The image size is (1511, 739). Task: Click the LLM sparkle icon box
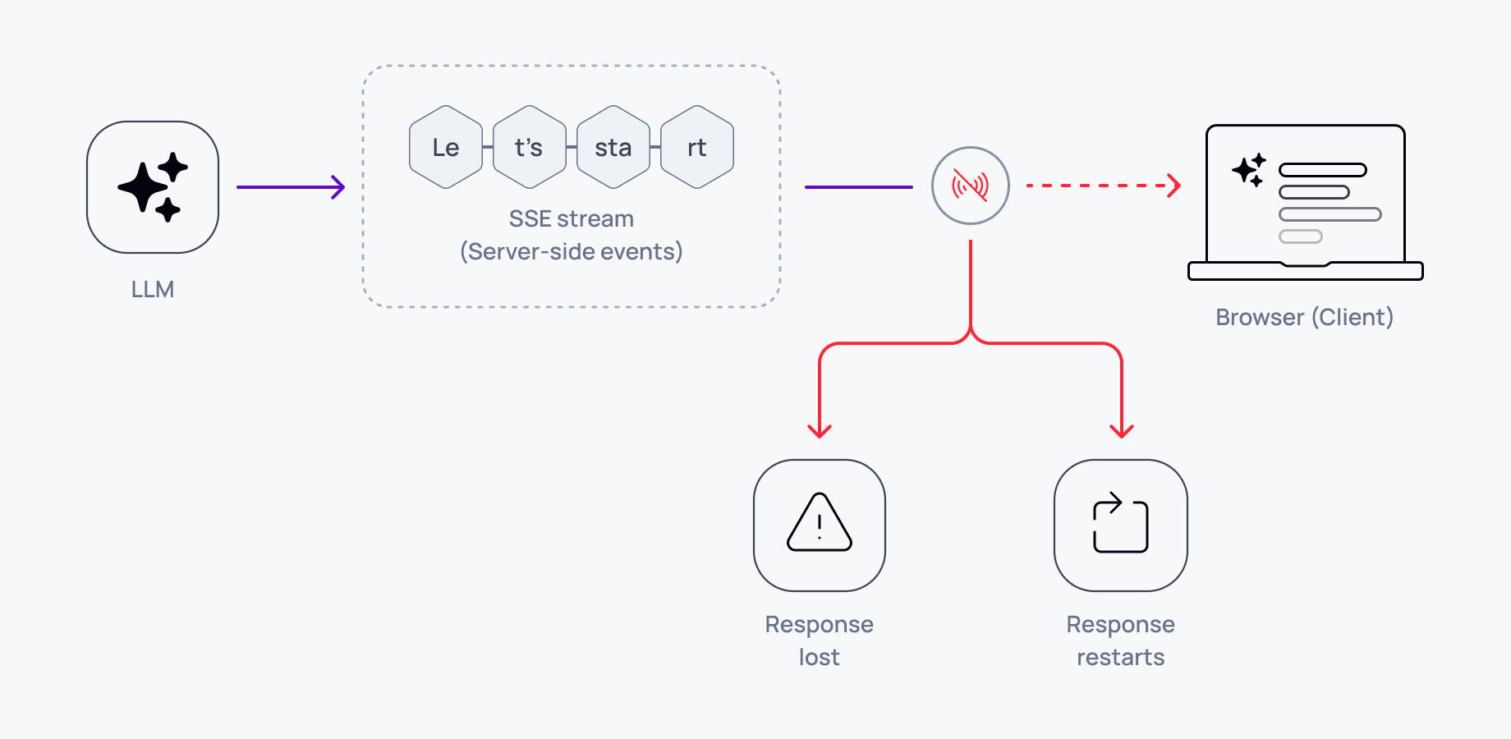[x=153, y=187]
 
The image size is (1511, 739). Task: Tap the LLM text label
[x=153, y=290]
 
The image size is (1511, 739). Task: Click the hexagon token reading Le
[x=446, y=148]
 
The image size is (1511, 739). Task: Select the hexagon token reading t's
[x=530, y=148]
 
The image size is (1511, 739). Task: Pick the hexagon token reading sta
[x=613, y=148]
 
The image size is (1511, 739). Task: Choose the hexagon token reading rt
[x=697, y=148]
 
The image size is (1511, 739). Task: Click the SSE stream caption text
[x=572, y=219]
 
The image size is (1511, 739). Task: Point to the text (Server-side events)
[x=572, y=252]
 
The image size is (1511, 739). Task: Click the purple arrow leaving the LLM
[x=290, y=187]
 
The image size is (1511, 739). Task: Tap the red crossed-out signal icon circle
[x=971, y=186]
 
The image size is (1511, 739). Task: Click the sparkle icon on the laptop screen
[x=1249, y=170]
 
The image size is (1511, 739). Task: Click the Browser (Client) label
[x=1304, y=318]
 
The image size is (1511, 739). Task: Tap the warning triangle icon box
[x=820, y=526]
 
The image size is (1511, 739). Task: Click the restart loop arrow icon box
[x=1121, y=526]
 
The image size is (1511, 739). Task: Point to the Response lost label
[x=820, y=640]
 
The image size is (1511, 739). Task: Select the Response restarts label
[x=1121, y=640]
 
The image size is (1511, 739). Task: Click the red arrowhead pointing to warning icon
[x=820, y=430]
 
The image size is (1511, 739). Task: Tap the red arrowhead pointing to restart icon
[x=1122, y=430]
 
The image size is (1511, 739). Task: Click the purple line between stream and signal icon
[x=858, y=187]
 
